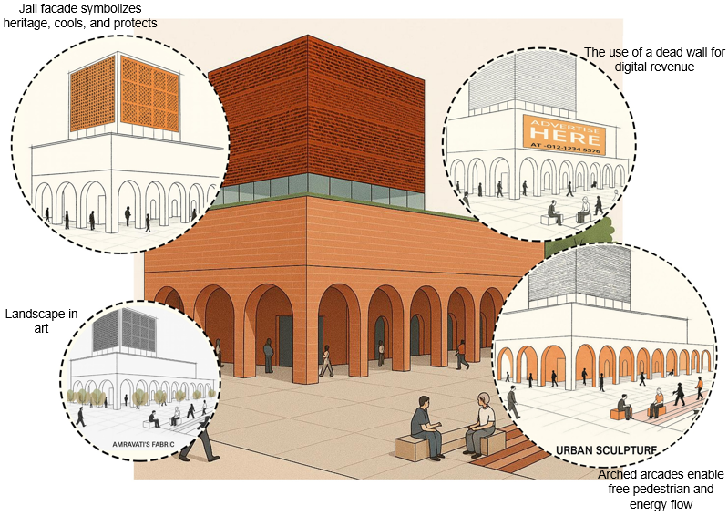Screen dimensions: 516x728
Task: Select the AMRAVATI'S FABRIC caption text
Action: (138, 446)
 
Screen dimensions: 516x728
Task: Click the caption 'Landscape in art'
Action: (40, 321)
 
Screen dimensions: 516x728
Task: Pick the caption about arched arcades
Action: (659, 490)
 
